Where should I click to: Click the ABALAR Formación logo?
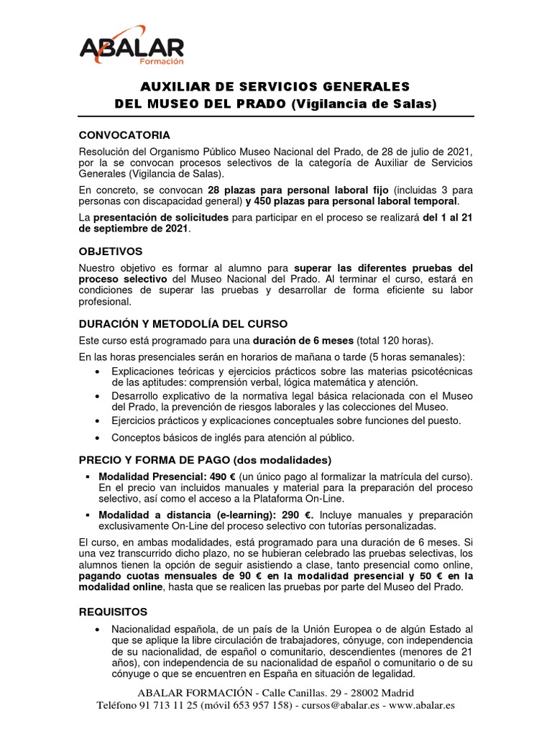pyautogui.click(x=131, y=47)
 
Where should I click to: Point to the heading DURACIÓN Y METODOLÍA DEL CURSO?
pyautogui.click(x=183, y=323)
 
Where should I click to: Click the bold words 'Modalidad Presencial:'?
pyautogui.click(x=141, y=477)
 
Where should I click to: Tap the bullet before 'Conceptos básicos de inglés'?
pyautogui.click(x=97, y=438)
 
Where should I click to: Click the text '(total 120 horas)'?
pyautogui.click(x=397, y=340)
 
